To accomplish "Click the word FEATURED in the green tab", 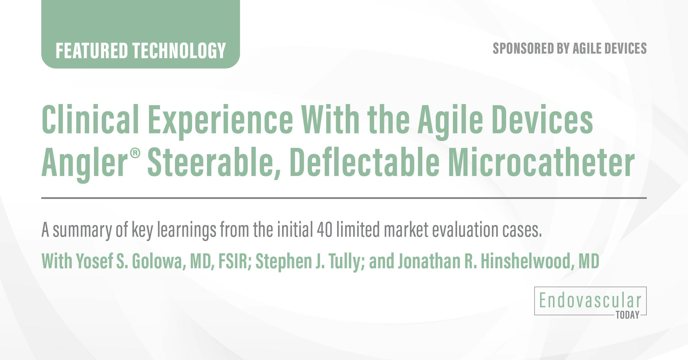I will (x=91, y=50).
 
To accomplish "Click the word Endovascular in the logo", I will (x=590, y=301).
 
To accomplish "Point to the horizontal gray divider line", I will (x=344, y=198).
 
